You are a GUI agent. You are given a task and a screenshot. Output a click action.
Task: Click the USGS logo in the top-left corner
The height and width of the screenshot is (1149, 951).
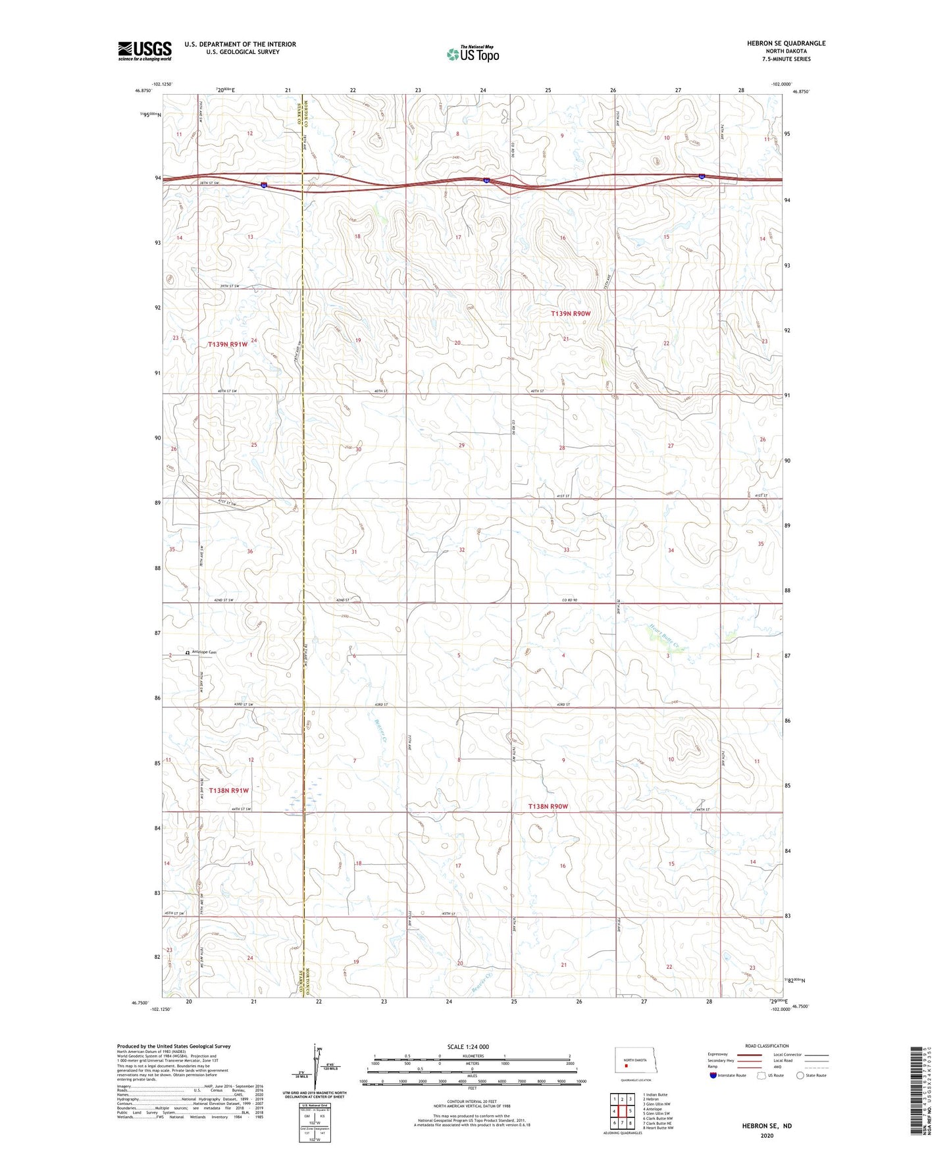tap(144, 51)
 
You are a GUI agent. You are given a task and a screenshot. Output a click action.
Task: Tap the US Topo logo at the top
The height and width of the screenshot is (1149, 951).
tap(472, 54)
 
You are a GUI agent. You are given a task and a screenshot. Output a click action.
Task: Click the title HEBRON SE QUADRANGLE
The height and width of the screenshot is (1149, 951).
tap(786, 43)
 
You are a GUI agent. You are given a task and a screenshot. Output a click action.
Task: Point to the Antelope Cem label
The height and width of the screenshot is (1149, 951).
tap(203, 652)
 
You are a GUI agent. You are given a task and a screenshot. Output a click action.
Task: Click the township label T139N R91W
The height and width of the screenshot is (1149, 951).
tap(228, 344)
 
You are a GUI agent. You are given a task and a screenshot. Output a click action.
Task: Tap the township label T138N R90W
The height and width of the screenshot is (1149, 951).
tap(548, 806)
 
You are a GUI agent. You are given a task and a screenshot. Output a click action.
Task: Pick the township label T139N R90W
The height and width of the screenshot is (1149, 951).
tap(571, 314)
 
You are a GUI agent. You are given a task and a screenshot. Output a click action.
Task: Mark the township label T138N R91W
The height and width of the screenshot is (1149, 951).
tap(228, 790)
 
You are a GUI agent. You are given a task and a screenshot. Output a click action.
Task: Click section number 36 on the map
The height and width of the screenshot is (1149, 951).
tap(250, 551)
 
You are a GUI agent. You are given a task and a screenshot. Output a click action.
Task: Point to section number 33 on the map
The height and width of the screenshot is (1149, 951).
tap(566, 549)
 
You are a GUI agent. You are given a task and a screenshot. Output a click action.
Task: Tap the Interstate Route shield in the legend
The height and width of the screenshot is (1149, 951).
tap(713, 1075)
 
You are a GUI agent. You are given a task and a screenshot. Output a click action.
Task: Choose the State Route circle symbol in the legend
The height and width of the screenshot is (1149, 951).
tap(800, 1075)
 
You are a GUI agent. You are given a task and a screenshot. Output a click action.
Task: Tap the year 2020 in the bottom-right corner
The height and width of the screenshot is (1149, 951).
tap(767, 1135)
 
